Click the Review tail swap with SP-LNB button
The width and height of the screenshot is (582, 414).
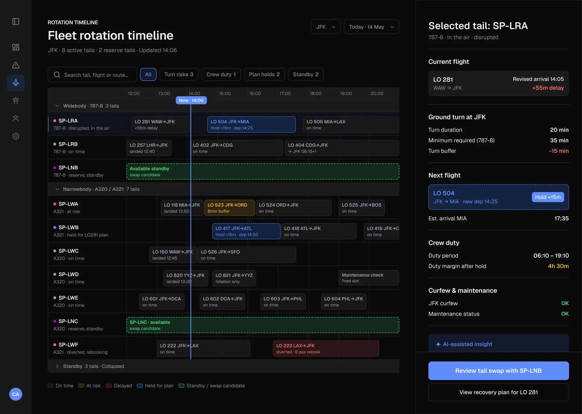click(498, 371)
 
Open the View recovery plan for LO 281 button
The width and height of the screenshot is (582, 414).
click(498, 392)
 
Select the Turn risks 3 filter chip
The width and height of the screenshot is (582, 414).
click(179, 74)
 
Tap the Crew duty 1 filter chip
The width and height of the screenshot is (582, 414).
click(221, 74)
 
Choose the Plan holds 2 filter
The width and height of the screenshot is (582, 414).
click(264, 74)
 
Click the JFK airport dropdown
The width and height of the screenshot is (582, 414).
click(325, 27)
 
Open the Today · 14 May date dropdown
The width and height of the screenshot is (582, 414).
click(372, 27)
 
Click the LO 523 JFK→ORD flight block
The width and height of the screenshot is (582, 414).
click(230, 208)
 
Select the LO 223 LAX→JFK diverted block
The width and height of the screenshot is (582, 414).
click(326, 349)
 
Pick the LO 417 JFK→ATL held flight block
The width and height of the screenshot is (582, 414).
click(246, 231)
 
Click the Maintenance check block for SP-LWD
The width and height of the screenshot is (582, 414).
click(369, 278)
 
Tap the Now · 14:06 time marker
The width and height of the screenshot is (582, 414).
click(191, 100)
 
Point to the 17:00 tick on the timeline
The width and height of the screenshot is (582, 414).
click(285, 94)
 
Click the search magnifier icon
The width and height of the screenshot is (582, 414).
click(57, 75)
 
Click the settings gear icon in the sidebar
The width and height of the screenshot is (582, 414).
click(16, 136)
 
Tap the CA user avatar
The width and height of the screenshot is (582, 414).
click(16, 394)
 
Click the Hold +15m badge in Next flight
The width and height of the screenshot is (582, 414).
click(548, 197)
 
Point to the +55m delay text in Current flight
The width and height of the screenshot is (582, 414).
click(548, 88)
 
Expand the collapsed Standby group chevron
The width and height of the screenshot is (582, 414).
click(57, 366)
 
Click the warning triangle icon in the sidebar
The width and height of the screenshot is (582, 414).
click(16, 65)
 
